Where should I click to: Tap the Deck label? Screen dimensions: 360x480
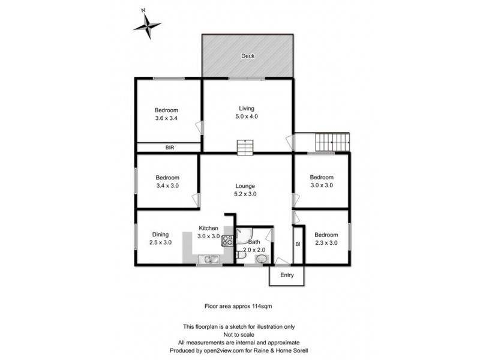pyautogui.click(x=248, y=56)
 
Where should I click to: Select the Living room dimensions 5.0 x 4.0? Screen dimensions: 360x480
pyautogui.click(x=248, y=116)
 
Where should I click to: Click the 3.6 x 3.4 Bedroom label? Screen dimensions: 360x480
pyautogui.click(x=166, y=118)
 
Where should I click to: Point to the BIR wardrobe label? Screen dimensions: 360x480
pyautogui.click(x=169, y=147)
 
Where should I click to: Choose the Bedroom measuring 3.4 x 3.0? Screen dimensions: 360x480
pyautogui.click(x=167, y=185)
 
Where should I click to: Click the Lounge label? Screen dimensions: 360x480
pyautogui.click(x=245, y=186)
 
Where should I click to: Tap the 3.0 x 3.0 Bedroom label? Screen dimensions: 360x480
pyautogui.click(x=321, y=185)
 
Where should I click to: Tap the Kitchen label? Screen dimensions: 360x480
pyautogui.click(x=208, y=229)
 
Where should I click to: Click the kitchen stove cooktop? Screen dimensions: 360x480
pyautogui.click(x=227, y=241)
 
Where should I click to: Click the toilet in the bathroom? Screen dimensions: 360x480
pyautogui.click(x=241, y=257)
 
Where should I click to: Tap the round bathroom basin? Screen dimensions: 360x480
pyautogui.click(x=262, y=259)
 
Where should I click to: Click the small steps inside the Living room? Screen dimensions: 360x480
pyautogui.click(x=245, y=146)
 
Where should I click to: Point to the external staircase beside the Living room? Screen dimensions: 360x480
pyautogui.click(x=332, y=143)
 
